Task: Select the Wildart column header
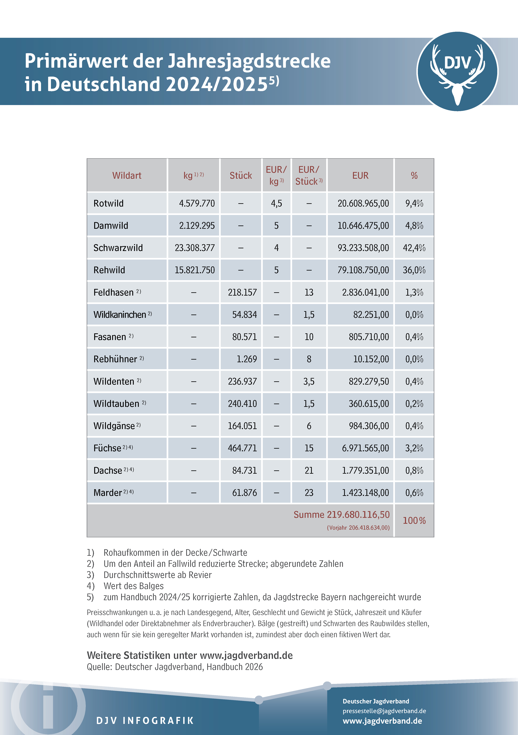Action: coord(127,175)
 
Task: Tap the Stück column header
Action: coord(241,175)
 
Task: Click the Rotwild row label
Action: coord(109,203)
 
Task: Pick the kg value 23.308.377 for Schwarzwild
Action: coord(195,248)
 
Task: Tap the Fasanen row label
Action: coord(110,337)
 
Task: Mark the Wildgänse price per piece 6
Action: coord(309,426)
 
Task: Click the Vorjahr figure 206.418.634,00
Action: coord(369,528)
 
